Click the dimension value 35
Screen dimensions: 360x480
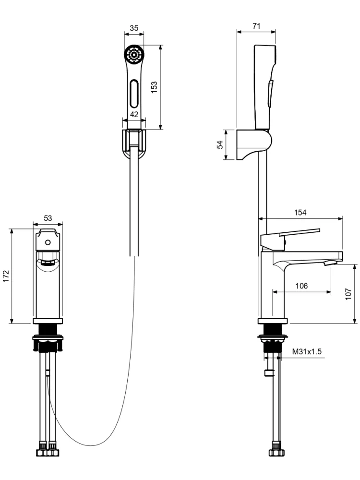pyautogui.click(x=134, y=28)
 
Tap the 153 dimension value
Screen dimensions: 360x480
pyautogui.click(x=154, y=87)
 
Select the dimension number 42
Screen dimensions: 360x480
pyautogui.click(x=134, y=114)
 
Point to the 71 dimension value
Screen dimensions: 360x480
pyautogui.click(x=256, y=26)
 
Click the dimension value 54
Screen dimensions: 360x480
pyautogui.click(x=220, y=145)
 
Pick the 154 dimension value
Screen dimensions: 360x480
pyautogui.click(x=300, y=213)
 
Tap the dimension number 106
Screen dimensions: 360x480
pyautogui.click(x=301, y=286)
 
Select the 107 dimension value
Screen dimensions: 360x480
pyautogui.click(x=348, y=294)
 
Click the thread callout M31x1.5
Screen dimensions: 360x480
pyautogui.click(x=307, y=351)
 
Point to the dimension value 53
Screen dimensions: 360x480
pyautogui.click(x=48, y=218)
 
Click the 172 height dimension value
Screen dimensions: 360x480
pyautogui.click(x=6, y=276)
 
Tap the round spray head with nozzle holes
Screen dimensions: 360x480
pyautogui.click(x=134, y=55)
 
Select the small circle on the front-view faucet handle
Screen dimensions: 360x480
pyautogui.click(x=48, y=242)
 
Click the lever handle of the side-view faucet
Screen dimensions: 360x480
pyautogui.click(x=289, y=237)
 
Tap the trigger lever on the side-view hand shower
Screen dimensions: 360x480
pyautogui.click(x=270, y=94)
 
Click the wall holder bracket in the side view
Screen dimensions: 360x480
pyautogui.click(x=254, y=144)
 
